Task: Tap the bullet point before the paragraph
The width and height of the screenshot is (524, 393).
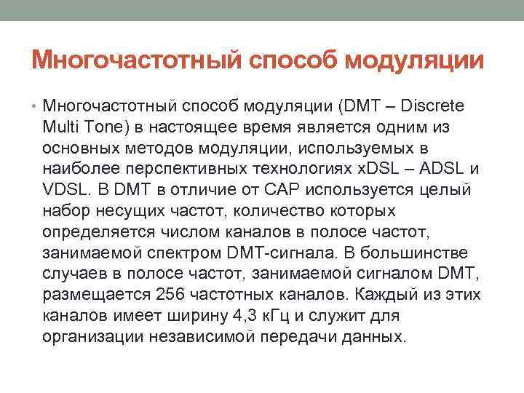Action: click(x=36, y=106)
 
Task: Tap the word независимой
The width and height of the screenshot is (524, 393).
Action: click(x=194, y=338)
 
